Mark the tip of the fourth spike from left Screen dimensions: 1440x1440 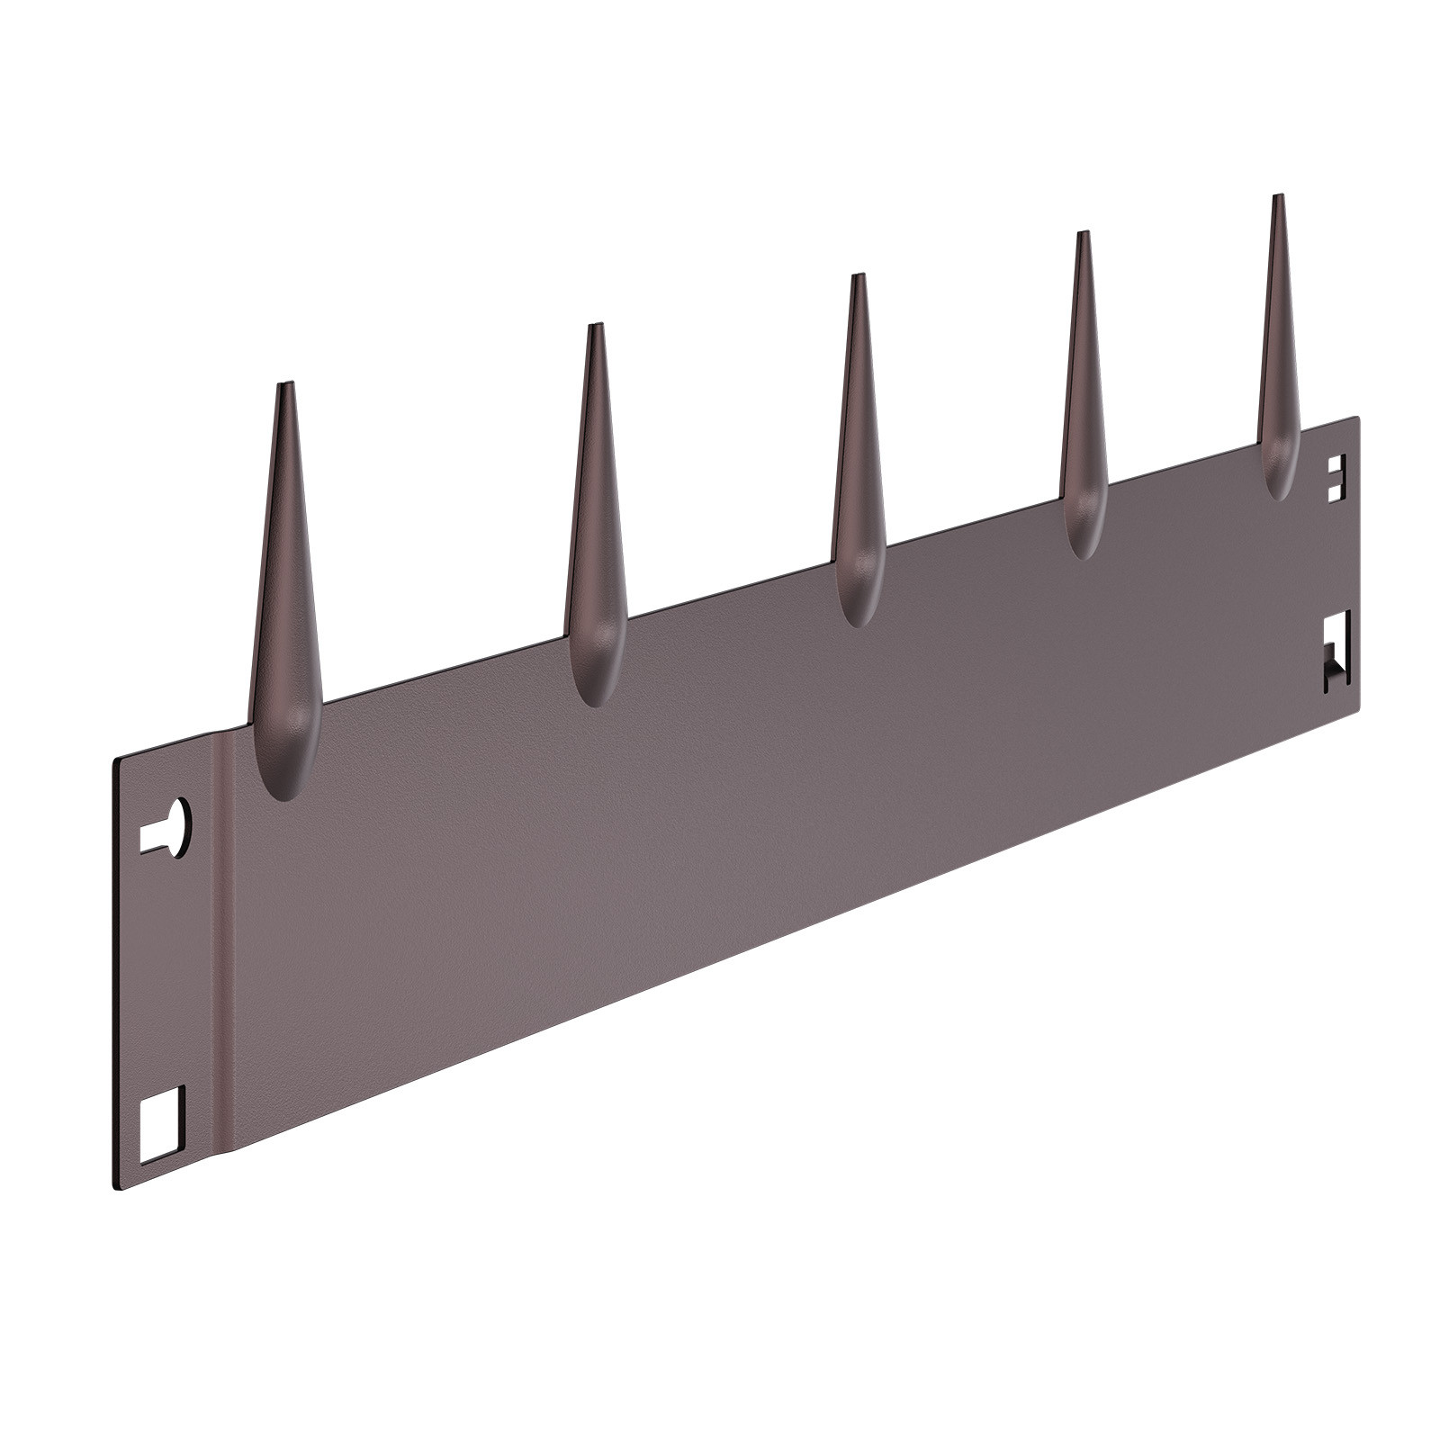(x=1083, y=236)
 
